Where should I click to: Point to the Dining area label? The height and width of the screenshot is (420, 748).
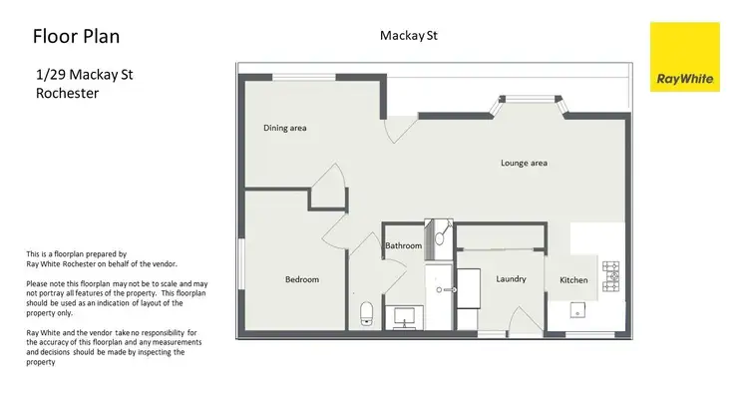pyautogui.click(x=284, y=128)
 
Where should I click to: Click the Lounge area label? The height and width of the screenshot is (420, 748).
pyautogui.click(x=523, y=163)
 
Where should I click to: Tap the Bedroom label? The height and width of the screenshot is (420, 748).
pyautogui.click(x=301, y=280)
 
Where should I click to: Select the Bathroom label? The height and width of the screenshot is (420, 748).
pyautogui.click(x=404, y=245)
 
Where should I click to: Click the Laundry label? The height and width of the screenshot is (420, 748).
pyautogui.click(x=511, y=278)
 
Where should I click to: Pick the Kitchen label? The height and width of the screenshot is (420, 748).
pyautogui.click(x=573, y=280)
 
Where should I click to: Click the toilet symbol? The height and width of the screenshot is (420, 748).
pyautogui.click(x=366, y=313)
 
